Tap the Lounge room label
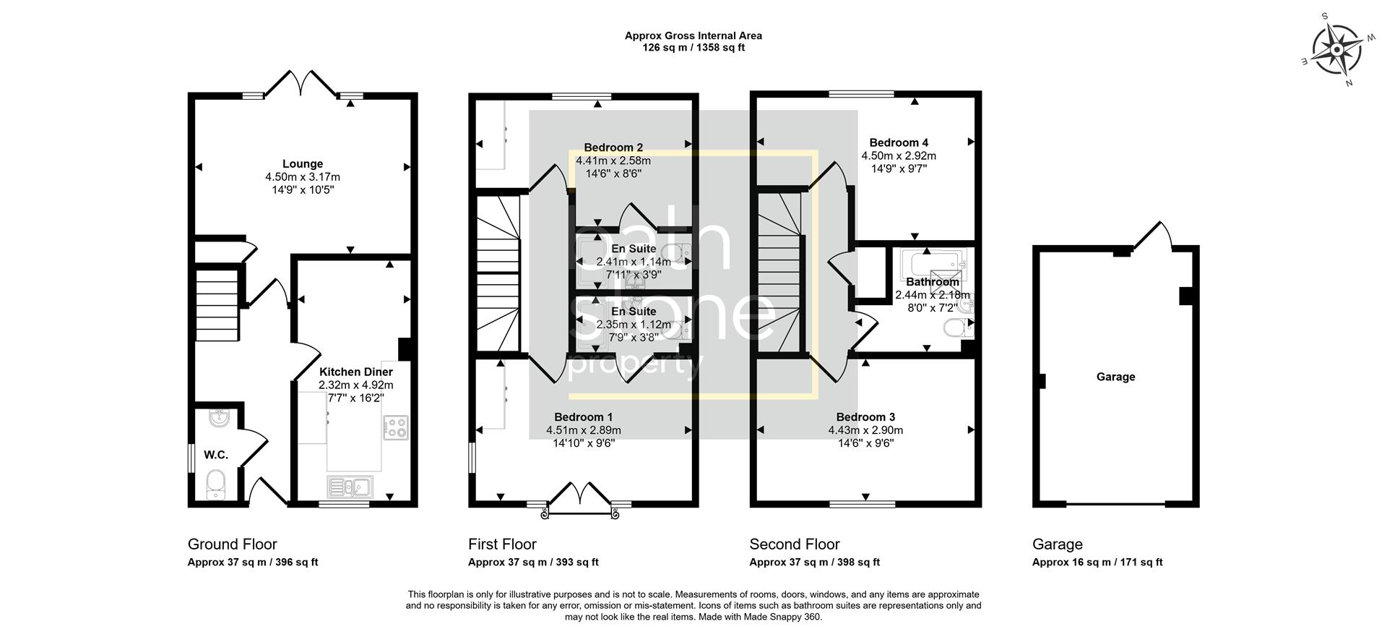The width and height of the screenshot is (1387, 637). [302, 164]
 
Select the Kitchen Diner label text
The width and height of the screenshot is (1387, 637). [355, 372]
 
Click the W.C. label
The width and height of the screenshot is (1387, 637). [215, 455]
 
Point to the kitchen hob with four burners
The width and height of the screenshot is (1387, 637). [395, 427]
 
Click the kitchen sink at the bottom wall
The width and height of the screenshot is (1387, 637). [350, 487]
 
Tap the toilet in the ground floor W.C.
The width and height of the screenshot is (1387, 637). [215, 484]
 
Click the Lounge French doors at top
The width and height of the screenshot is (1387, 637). [302, 82]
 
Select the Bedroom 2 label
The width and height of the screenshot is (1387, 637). [613, 148]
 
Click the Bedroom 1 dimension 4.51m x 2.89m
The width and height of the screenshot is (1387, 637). [583, 430]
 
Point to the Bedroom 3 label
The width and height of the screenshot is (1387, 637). [865, 417]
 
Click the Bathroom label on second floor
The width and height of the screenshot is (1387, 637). [932, 282]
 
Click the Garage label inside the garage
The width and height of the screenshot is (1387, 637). [1115, 377]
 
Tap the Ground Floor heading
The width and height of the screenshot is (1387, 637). [232, 544]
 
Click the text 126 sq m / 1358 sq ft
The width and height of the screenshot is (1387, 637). [693, 48]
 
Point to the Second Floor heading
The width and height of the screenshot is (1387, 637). [794, 544]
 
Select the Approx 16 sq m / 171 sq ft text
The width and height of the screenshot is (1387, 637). [1097, 562]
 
